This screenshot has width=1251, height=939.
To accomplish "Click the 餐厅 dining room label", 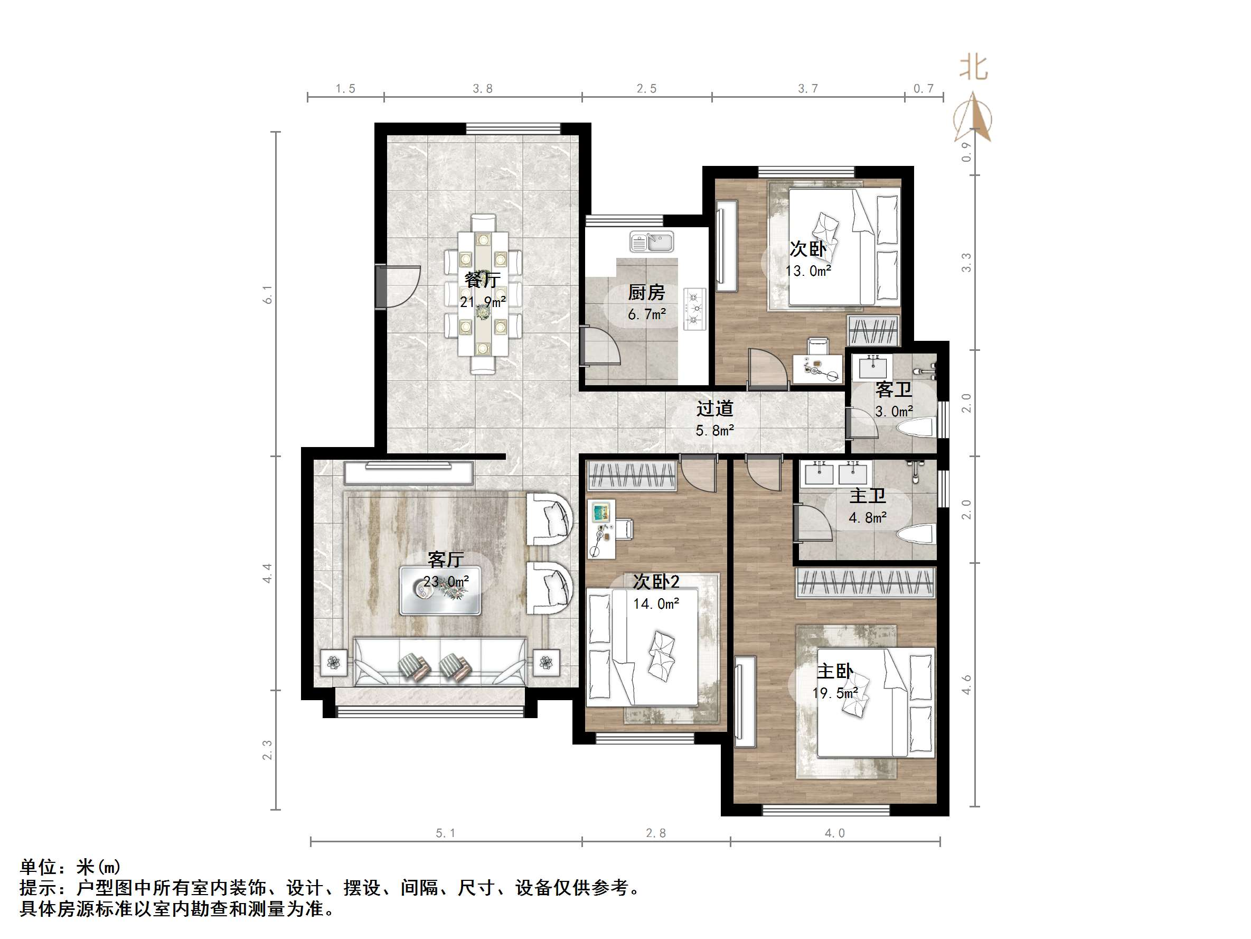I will pos(483,280).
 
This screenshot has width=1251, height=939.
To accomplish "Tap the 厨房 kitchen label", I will pos(646,293).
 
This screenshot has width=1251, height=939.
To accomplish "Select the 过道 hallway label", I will pos(714,408).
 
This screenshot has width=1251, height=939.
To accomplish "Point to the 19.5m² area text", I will pos(835,693).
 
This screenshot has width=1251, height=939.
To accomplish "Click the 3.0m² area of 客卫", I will pos(893,412).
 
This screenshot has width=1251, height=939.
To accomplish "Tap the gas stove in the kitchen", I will pos(694,309).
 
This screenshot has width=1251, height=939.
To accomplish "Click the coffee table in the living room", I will pos(440,590).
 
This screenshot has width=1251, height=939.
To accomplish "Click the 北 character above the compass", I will pos(973,68).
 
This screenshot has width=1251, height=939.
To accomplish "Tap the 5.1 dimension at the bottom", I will pos(445,833).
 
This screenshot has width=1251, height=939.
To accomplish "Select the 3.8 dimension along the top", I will pos(483,89).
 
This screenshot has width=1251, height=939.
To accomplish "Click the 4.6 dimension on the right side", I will pos(966,685).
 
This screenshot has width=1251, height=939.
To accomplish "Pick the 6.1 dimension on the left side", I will pos(267,294).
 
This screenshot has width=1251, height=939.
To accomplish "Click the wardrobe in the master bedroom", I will pos(866,582).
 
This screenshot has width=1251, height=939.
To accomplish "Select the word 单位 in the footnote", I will pos(38,867).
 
